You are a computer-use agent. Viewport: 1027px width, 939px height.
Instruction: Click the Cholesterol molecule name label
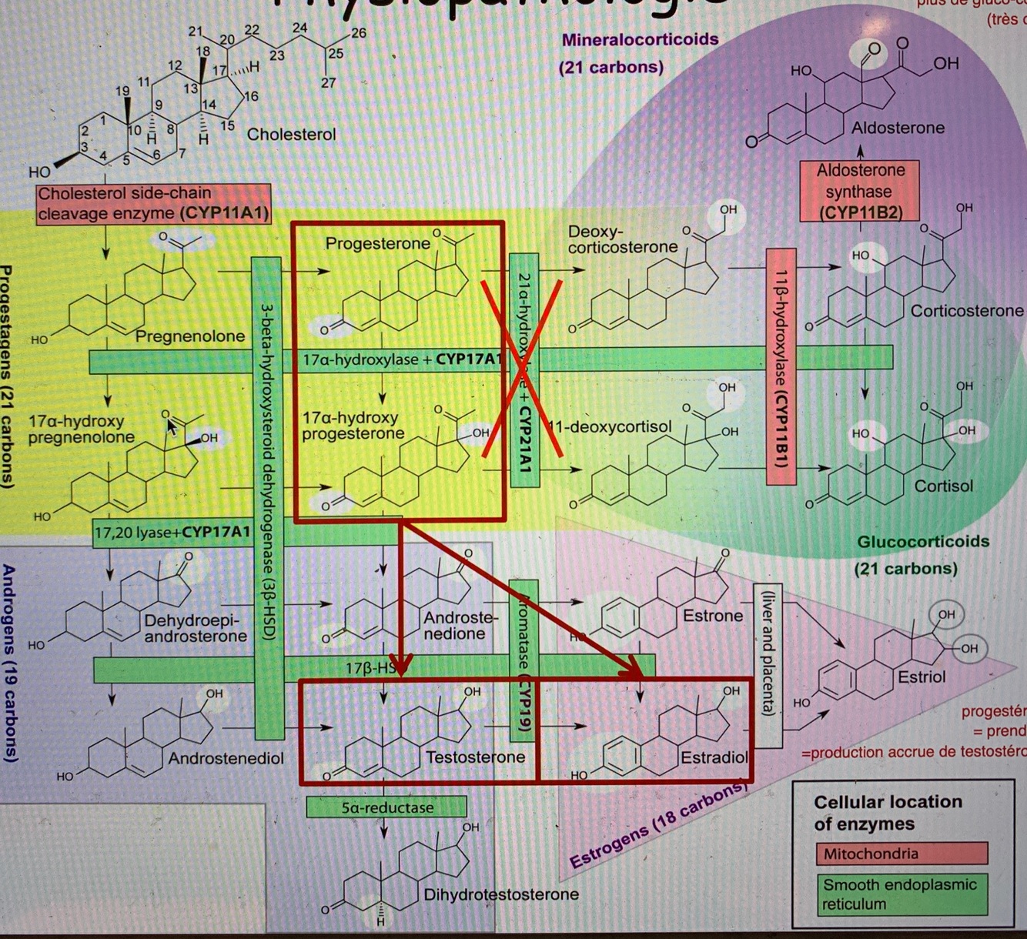click(291, 135)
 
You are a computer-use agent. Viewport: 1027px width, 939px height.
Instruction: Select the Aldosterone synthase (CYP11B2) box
click(860, 191)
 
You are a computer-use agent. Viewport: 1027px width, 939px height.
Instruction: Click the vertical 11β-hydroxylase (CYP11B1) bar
click(781, 366)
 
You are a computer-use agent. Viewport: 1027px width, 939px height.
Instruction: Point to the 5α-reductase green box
click(386, 807)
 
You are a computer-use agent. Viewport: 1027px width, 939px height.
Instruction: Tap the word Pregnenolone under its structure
click(190, 336)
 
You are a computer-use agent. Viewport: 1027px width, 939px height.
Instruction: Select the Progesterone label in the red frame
click(377, 244)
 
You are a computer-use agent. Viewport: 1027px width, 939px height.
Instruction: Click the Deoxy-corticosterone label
click(622, 239)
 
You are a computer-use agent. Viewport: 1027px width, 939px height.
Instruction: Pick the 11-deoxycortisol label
click(611, 426)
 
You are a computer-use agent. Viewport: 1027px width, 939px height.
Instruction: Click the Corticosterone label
click(966, 311)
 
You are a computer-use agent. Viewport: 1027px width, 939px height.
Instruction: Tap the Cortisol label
click(944, 486)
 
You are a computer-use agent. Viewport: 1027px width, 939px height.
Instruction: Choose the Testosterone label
click(475, 757)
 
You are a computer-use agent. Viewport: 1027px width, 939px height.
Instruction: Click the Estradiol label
click(714, 758)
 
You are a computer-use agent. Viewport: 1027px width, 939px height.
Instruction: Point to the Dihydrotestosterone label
click(500, 894)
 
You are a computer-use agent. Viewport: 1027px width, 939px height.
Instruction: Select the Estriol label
click(922, 677)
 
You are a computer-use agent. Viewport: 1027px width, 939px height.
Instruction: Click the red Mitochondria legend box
click(900, 854)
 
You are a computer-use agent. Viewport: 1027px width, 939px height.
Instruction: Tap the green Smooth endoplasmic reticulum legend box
click(900, 894)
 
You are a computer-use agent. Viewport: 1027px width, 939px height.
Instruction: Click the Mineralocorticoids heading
click(640, 39)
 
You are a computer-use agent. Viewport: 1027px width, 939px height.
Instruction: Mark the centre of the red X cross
click(523, 369)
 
